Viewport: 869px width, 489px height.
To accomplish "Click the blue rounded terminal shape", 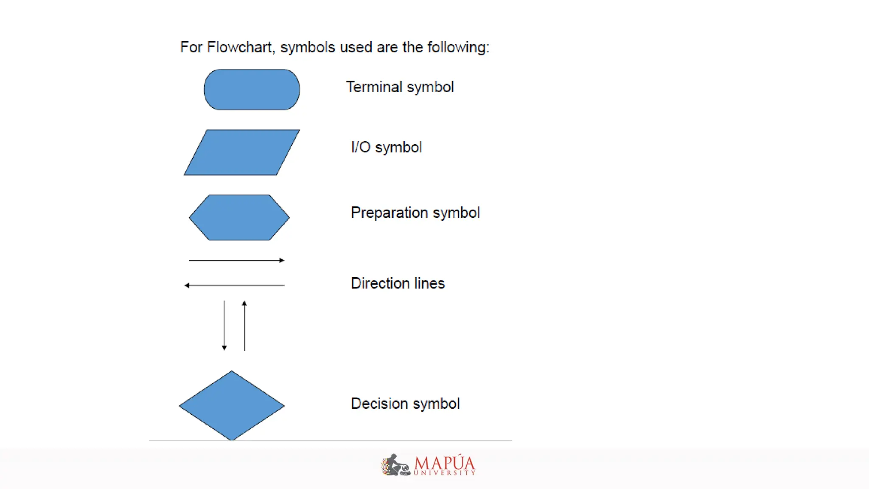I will (252, 90).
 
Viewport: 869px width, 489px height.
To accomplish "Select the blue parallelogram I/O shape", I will (241, 152).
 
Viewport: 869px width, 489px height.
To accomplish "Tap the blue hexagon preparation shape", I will (239, 218).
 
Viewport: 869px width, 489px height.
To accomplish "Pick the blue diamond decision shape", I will (232, 405).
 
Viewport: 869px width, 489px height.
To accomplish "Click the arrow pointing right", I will (236, 260).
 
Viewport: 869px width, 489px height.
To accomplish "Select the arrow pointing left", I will (234, 285).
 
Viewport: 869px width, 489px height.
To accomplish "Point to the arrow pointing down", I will (224, 326).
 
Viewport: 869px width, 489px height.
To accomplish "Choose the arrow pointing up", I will (244, 326).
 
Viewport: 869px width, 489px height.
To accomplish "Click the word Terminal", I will (374, 87).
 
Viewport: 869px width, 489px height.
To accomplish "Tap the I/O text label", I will (361, 147).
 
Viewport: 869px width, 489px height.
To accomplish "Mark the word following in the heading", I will (458, 47).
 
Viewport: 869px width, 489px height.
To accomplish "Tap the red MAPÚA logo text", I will (444, 462).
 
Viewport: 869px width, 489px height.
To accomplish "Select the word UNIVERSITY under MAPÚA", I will (444, 473).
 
